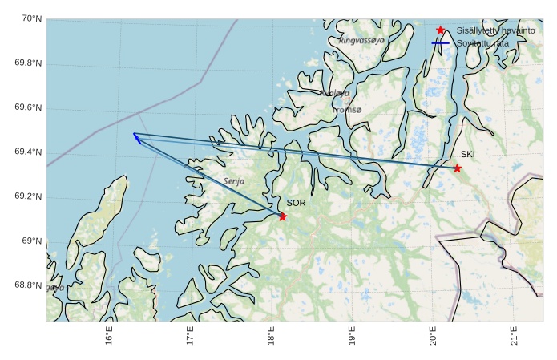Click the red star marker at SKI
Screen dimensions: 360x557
(457, 168)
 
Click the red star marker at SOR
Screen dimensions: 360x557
(282, 216)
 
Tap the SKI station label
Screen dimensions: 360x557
(467, 154)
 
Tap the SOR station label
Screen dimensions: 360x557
(296, 203)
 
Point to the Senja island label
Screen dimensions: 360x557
(234, 181)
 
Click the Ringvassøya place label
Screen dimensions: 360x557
(361, 39)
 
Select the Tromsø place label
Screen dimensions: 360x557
(346, 110)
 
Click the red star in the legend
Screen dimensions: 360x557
(440, 30)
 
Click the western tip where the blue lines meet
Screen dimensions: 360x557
(134, 134)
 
